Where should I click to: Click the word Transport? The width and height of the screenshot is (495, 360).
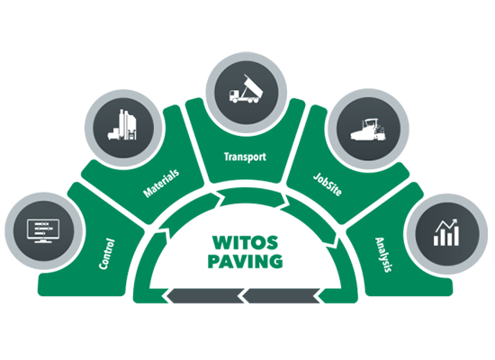(x=245, y=157)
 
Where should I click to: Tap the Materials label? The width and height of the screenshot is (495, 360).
(x=161, y=183)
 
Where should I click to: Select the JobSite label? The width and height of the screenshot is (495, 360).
(x=328, y=184)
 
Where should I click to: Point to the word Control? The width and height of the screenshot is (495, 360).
(x=107, y=254)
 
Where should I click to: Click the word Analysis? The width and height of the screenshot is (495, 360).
(x=383, y=255)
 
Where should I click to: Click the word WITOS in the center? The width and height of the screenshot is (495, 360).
(x=246, y=243)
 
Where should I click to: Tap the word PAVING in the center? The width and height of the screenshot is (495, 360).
(x=246, y=262)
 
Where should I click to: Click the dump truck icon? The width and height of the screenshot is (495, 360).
(x=246, y=89)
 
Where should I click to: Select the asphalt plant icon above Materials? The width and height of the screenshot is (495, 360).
(x=122, y=125)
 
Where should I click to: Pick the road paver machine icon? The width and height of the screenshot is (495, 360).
(x=368, y=130)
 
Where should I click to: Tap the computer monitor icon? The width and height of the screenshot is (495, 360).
(x=43, y=230)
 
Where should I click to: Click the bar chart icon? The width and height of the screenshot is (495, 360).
(x=446, y=232)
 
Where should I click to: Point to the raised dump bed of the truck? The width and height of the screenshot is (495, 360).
(x=253, y=85)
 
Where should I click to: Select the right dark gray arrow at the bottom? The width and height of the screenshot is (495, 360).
(x=281, y=296)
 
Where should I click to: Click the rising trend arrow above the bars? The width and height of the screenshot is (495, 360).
(x=446, y=224)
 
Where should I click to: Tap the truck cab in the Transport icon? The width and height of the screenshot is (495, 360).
(x=234, y=94)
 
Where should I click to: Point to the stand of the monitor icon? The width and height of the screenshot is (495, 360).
(x=43, y=240)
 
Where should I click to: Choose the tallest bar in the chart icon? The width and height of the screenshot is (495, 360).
(x=455, y=236)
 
